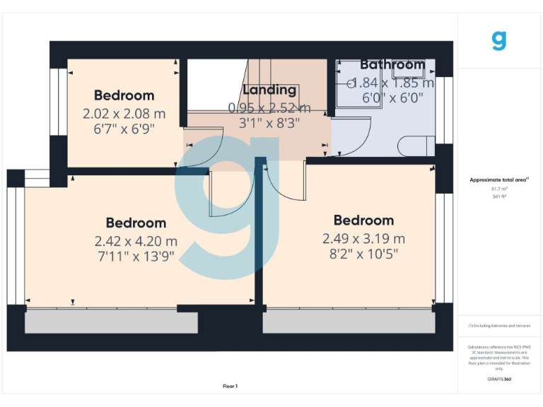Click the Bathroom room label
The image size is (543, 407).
click(392, 65)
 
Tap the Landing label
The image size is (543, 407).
click(269, 90)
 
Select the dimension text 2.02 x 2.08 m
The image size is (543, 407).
click(124, 113)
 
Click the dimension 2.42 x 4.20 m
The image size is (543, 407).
click(136, 240)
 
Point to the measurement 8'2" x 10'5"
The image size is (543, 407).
click(363, 254)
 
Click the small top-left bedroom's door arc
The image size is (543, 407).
click(205, 145)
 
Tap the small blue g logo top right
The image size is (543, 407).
click(499, 40)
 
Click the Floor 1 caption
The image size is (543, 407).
click(230, 386)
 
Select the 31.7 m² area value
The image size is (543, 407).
click(499, 189)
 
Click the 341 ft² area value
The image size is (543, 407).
click(499, 196)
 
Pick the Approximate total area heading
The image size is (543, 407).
click(499, 180)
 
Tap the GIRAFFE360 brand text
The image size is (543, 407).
click(499, 379)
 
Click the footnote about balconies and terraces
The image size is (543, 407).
click(499, 326)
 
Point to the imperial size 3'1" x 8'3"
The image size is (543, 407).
click(269, 122)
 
